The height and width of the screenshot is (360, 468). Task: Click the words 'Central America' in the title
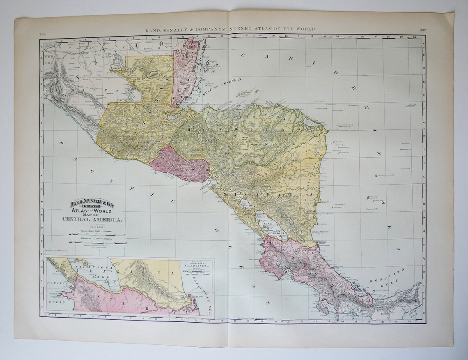pos(93,219)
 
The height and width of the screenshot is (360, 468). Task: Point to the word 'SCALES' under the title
pos(93,227)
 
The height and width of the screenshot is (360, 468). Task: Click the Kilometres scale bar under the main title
pos(93,243)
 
